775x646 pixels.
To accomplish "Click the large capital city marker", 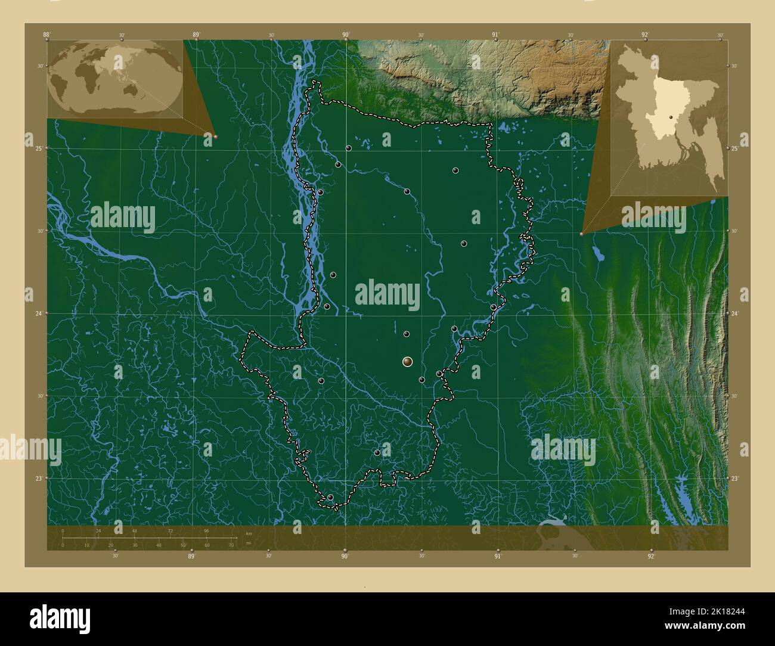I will tap(407, 361).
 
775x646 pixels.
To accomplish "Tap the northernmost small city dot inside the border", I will tap(348, 148).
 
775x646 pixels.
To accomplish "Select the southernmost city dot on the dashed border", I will tap(330, 497).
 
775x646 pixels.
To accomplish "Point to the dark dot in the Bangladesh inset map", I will tap(671, 117).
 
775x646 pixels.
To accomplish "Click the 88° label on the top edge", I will tap(46, 35).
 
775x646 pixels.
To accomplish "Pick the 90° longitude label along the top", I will tap(346, 35).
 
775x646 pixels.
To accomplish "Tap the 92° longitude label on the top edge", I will tap(645, 35).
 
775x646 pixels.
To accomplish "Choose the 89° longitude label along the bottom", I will tap(191, 556).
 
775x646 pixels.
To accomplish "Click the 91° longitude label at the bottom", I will tap(497, 556).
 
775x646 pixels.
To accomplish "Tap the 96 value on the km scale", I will tap(206, 531).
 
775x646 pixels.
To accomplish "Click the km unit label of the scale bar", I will tap(249, 533).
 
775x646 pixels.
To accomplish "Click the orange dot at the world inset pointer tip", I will tap(215, 136).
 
